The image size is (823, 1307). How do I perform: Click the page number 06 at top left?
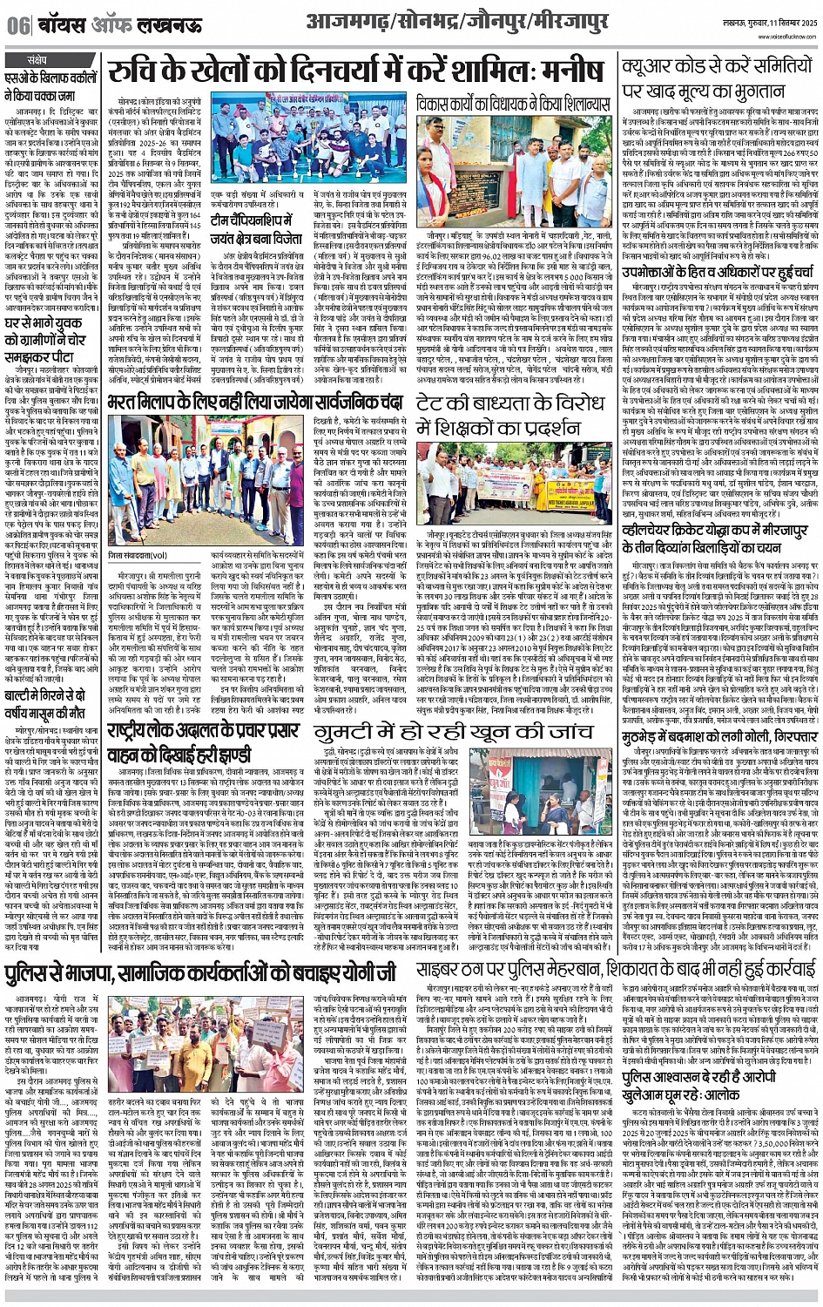tap(18, 25)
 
